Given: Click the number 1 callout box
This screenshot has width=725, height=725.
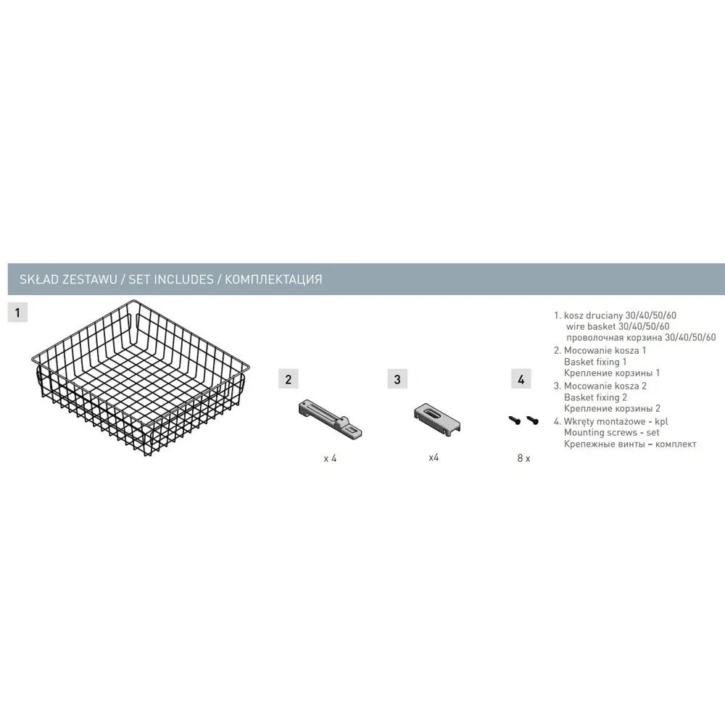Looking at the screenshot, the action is coord(17,312).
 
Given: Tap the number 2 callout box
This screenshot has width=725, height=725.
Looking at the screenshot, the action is coord(288,379).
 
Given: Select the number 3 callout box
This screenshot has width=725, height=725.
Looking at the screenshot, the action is coord(397,379).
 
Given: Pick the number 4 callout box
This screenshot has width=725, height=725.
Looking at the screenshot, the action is coord(521,379).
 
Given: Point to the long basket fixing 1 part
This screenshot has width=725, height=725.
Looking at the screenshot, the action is coord(330,419).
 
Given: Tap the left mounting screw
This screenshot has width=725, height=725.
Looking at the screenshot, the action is coord(515,420).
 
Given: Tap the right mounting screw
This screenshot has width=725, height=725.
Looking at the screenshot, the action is coord(533,420).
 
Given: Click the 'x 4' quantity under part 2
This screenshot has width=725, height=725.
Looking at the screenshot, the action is coord(330,458).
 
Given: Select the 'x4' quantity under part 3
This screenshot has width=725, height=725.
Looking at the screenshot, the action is coord(434,457).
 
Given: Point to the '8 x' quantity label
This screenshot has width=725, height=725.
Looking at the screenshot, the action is coord(524,458).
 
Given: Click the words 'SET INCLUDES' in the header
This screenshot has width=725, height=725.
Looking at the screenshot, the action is coord(171,279).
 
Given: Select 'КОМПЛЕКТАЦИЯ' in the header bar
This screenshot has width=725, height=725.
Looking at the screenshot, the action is coord(273,279).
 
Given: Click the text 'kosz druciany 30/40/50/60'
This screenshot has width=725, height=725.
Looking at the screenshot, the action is coord(620,315).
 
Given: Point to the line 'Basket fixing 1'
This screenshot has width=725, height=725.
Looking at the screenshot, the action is coord(595,362).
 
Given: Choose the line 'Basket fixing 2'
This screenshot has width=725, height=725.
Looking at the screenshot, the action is coord(595,397).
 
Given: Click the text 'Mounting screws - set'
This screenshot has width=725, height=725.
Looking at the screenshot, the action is coord(612,432).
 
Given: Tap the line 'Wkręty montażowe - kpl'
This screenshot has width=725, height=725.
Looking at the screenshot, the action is coord(616,421).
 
